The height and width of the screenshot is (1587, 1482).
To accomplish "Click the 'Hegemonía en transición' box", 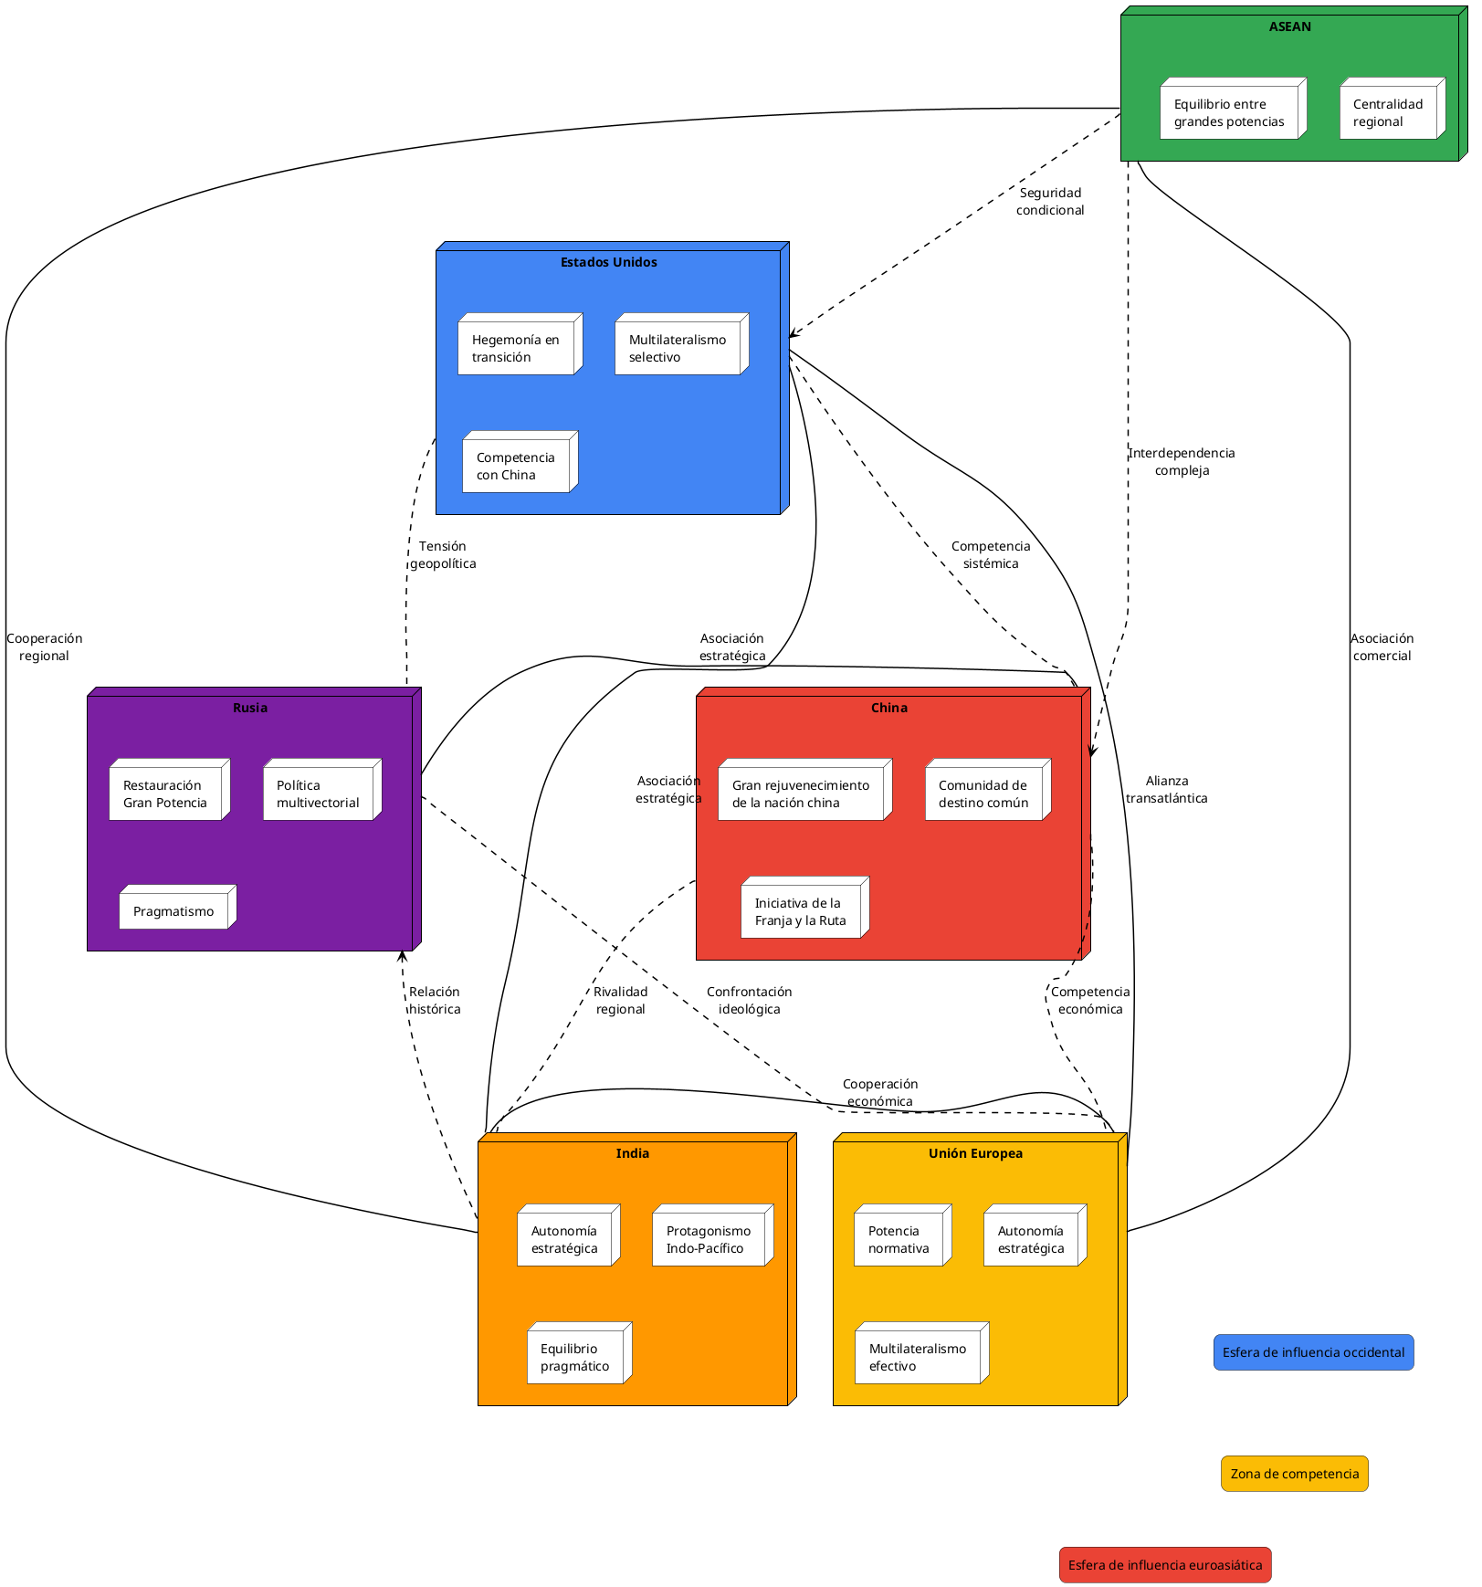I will [x=517, y=347].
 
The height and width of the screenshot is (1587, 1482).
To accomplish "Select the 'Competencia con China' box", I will [x=517, y=465].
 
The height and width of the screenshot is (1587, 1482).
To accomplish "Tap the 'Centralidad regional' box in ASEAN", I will [x=1389, y=111].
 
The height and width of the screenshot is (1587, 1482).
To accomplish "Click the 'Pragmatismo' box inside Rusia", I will [x=174, y=910].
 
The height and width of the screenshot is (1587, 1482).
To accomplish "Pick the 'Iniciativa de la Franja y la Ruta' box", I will [x=801, y=910].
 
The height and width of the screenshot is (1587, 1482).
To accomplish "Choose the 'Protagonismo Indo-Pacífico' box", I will [x=709, y=1238].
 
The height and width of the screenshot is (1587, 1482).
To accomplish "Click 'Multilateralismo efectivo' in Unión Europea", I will [x=919, y=1356].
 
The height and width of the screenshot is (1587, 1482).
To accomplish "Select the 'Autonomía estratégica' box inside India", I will [x=565, y=1238].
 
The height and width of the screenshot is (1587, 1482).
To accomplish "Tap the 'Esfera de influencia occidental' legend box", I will [x=1313, y=1351].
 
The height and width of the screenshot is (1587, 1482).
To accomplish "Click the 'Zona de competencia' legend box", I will [x=1294, y=1473].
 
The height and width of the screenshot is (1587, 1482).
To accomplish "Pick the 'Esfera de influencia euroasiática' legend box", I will [x=1164, y=1564].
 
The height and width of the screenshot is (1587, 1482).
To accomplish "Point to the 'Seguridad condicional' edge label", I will [x=1050, y=201].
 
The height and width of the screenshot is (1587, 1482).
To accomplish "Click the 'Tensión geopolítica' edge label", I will [x=443, y=554].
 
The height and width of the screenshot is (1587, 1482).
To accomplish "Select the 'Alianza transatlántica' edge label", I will [x=1166, y=789].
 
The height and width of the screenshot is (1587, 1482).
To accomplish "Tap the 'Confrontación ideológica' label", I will [x=749, y=1000].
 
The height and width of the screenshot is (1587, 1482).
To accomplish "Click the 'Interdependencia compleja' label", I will [x=1182, y=461].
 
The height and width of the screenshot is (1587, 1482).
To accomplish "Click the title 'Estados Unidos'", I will [x=608, y=262].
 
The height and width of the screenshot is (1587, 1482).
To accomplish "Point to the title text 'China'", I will [x=888, y=708].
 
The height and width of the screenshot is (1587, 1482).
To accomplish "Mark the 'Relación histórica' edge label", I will [x=435, y=1000].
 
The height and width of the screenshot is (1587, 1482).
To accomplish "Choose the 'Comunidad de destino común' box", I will [x=984, y=793].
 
